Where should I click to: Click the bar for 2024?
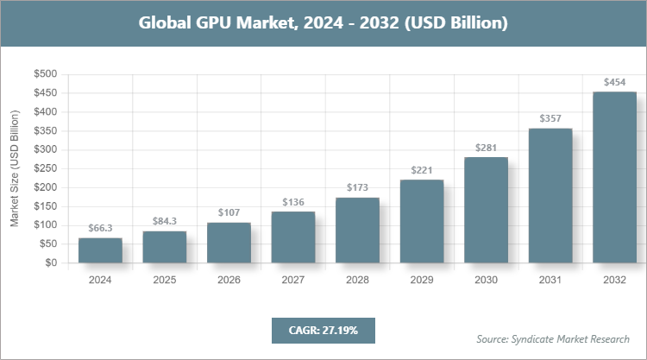pyautogui.click(x=100, y=250)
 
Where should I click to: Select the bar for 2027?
pyautogui.click(x=293, y=237)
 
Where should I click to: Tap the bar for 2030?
pyautogui.click(x=486, y=210)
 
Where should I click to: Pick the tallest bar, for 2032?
pyautogui.click(x=614, y=177)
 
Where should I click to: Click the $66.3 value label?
pyautogui.click(x=100, y=229)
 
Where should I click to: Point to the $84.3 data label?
pyautogui.click(x=165, y=222)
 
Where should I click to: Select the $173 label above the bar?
pyautogui.click(x=357, y=187)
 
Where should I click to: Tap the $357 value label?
pyautogui.click(x=550, y=118)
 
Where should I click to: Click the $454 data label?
pyautogui.click(x=614, y=82)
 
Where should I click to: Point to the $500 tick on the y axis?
pyautogui.click(x=46, y=74)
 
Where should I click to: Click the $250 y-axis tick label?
pyautogui.click(x=46, y=168)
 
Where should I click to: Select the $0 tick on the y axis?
pyautogui.click(x=52, y=262)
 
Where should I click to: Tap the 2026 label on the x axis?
pyautogui.click(x=229, y=280)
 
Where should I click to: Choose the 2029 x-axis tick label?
pyautogui.click(x=422, y=280)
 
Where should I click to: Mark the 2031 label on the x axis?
pyautogui.click(x=550, y=280)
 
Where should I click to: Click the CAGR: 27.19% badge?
pyautogui.click(x=323, y=330)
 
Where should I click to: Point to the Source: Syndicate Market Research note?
pyautogui.click(x=553, y=338)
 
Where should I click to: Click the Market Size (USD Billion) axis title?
pyautogui.click(x=15, y=168)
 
